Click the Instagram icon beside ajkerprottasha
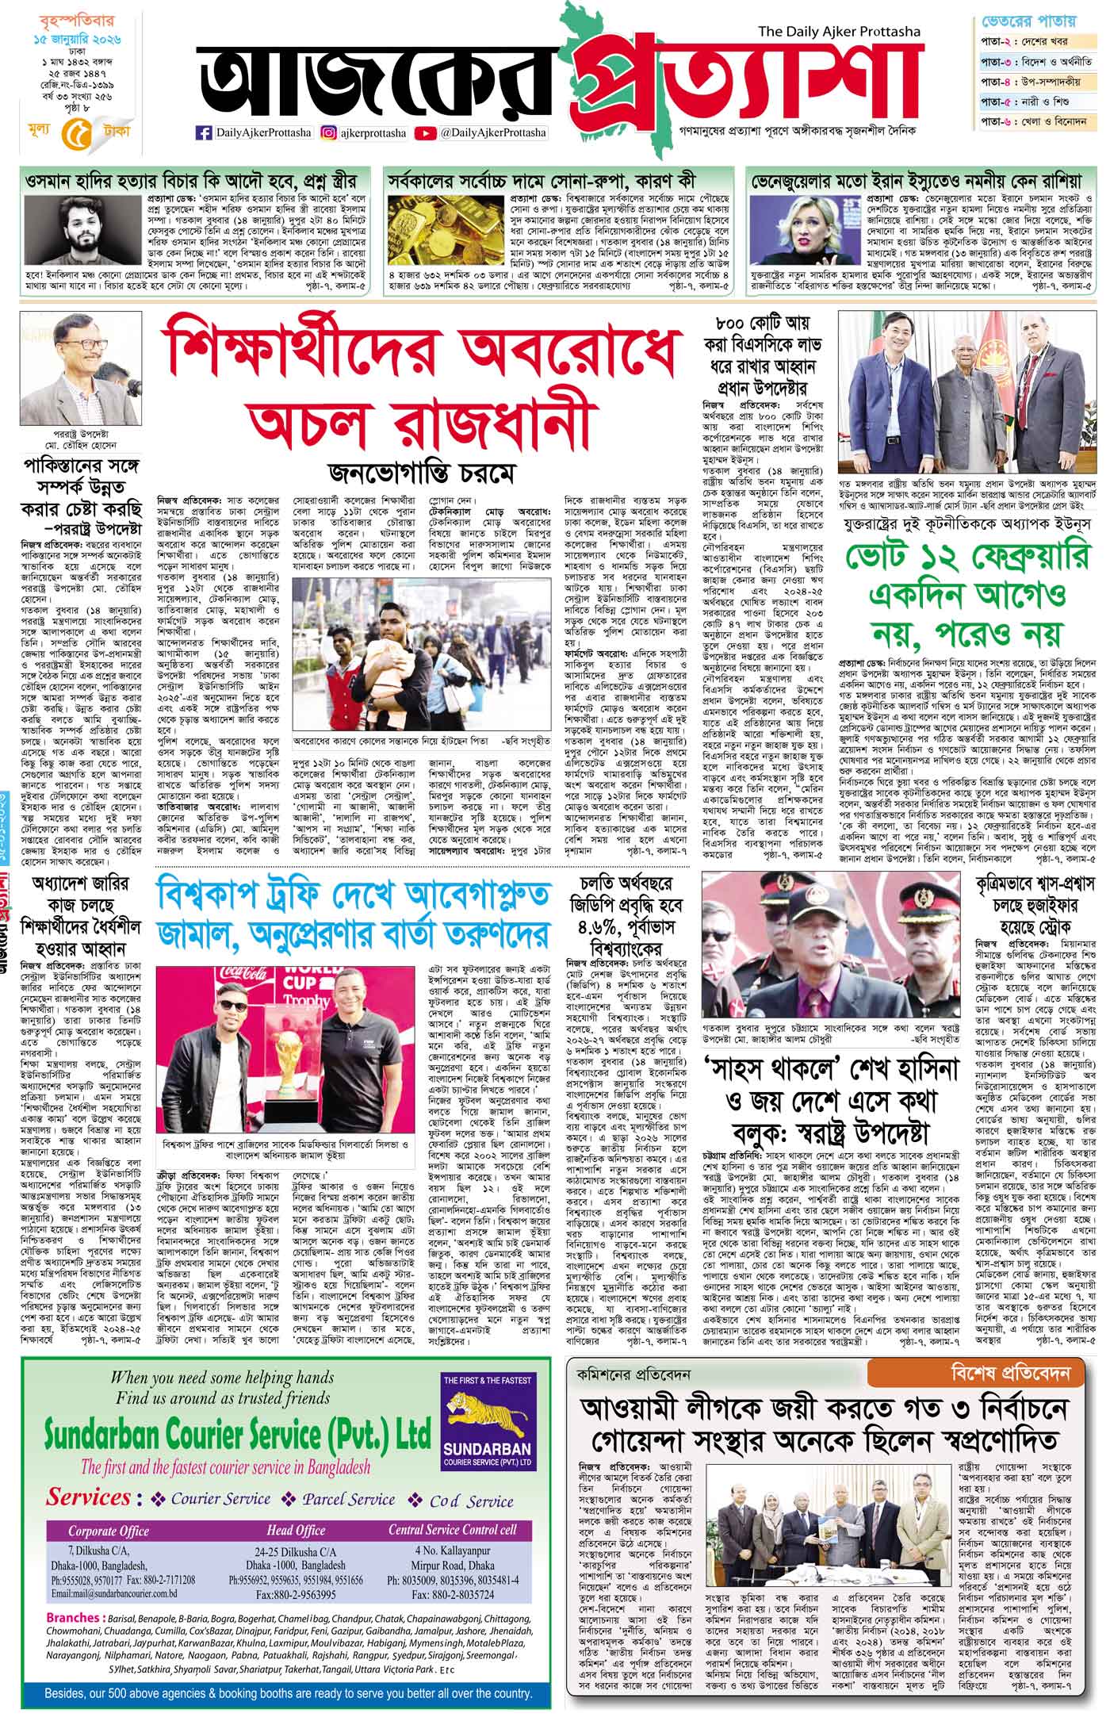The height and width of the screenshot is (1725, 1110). coord(327,133)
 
